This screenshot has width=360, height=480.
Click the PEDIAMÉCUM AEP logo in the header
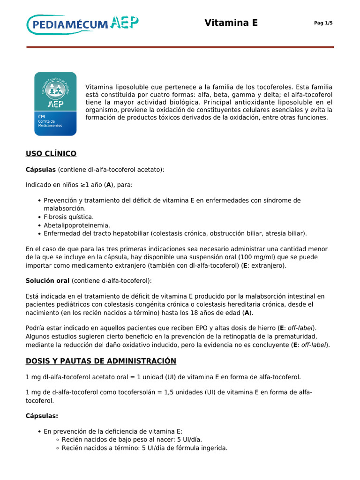[83, 24]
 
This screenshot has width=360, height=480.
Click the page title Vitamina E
[231, 23]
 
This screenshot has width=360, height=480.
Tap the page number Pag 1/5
[323, 23]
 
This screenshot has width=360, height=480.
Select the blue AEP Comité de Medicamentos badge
[55, 104]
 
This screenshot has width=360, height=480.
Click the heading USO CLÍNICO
[51, 154]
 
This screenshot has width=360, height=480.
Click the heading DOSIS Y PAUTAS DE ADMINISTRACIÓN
[101, 361]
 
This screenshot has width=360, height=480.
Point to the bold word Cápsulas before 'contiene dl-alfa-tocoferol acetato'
[41, 169]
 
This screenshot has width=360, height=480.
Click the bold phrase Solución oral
[47, 280]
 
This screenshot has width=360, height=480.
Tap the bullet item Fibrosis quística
[69, 217]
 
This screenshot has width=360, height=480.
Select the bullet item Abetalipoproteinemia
[77, 225]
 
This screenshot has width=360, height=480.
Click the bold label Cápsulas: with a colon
[42, 416]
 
